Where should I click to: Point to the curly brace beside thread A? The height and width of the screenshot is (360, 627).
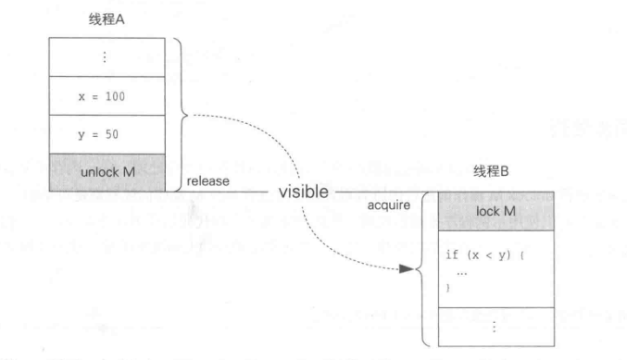tap(177, 115)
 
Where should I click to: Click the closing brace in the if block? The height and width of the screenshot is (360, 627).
tap(450, 288)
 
